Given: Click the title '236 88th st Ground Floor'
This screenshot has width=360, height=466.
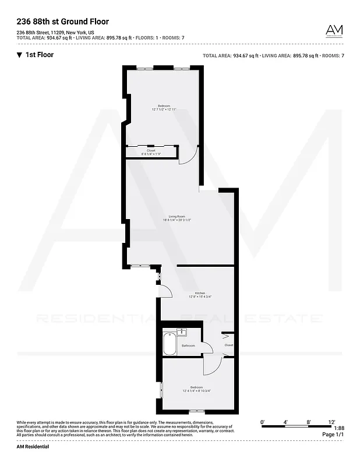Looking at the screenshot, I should [x=62, y=22].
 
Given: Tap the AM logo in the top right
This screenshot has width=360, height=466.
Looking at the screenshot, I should [x=334, y=30].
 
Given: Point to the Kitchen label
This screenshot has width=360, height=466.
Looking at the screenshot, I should [x=200, y=293].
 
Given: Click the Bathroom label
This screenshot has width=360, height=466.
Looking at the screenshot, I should [x=188, y=345].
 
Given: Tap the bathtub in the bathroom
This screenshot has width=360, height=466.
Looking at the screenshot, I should [x=170, y=344].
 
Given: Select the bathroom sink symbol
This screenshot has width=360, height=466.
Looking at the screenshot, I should [x=182, y=333].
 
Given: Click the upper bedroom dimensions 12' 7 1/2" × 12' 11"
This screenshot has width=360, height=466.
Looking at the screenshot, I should [x=164, y=110].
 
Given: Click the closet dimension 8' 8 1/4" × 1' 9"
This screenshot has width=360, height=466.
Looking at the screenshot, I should [x=151, y=154].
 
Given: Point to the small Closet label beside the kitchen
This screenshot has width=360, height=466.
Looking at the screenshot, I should [x=228, y=345].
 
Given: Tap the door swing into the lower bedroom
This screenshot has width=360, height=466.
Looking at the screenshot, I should [x=211, y=366].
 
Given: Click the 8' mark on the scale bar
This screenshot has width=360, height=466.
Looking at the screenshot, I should [x=308, y=421].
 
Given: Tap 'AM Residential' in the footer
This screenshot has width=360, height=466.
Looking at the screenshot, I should [x=33, y=446].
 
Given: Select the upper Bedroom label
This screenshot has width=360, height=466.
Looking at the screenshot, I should [x=164, y=105].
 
